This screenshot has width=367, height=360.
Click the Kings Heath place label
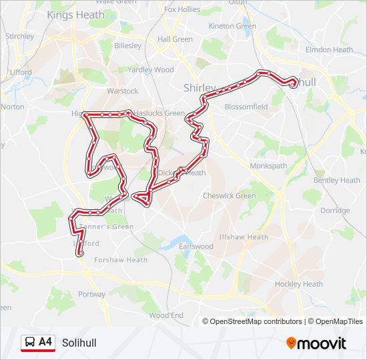pyautogui.click(x=75, y=15)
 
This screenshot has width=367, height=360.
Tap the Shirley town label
pyautogui.click(x=200, y=88)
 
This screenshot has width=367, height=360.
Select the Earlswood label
pyautogui.click(x=196, y=247)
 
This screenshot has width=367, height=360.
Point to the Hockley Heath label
pyautogui.click(x=299, y=284)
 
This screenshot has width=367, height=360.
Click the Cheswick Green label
pyautogui.click(x=229, y=196)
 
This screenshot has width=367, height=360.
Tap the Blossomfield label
pyautogui.click(x=246, y=107)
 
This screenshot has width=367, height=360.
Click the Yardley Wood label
pyautogui.click(x=150, y=69)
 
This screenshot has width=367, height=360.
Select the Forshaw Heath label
pyautogui.click(x=121, y=260)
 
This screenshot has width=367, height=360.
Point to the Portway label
pyautogui.click(x=91, y=294)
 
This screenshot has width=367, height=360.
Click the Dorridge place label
pyautogui.click(x=334, y=211)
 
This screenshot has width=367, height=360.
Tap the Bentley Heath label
pyautogui.click(x=336, y=180)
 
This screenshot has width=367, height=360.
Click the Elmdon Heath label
pyautogui.click(x=329, y=49)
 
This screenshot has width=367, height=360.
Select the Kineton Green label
pyautogui.click(x=232, y=26)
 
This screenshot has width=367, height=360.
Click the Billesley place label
pyautogui.click(x=127, y=46)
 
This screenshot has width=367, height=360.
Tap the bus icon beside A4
pyautogui.click(x=30, y=343)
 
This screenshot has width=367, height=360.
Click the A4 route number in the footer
pyautogui.click(x=45, y=343)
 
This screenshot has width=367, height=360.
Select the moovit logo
pyautogui.click(x=316, y=343)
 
